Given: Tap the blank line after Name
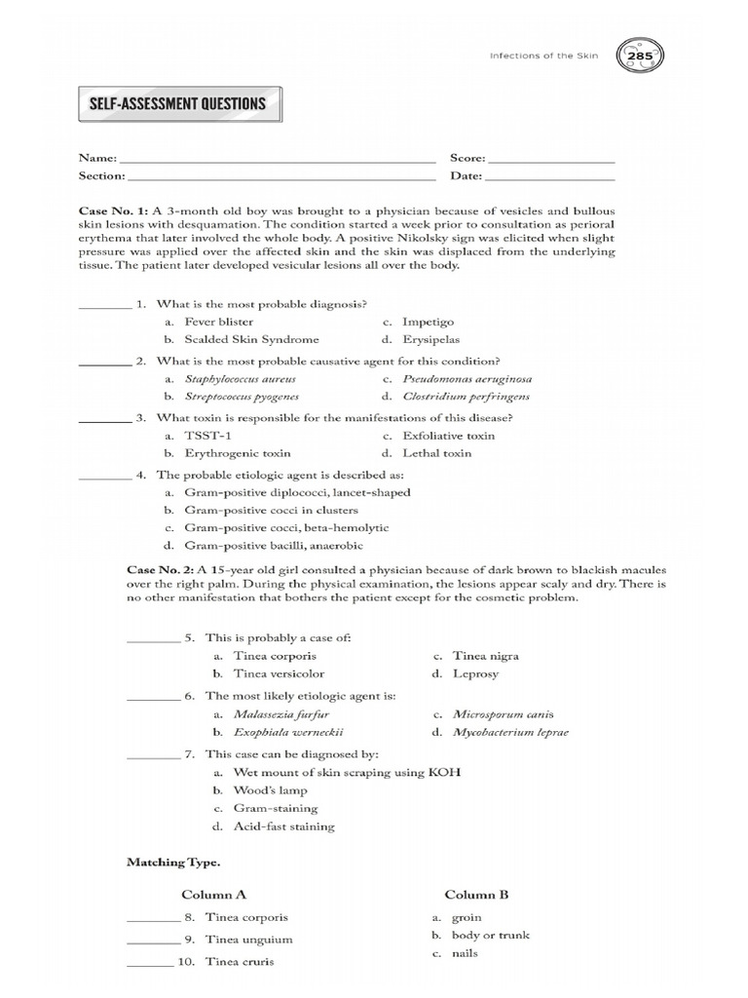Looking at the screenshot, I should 277,158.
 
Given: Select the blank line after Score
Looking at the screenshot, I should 550,158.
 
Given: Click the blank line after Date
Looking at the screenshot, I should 549,176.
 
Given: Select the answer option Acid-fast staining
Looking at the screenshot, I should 283,826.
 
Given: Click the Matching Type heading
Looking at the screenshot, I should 173,863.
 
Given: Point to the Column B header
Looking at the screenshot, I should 476,894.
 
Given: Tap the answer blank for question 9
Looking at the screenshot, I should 154,942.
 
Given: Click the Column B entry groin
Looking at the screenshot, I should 467,917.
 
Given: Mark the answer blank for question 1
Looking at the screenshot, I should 104,306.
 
